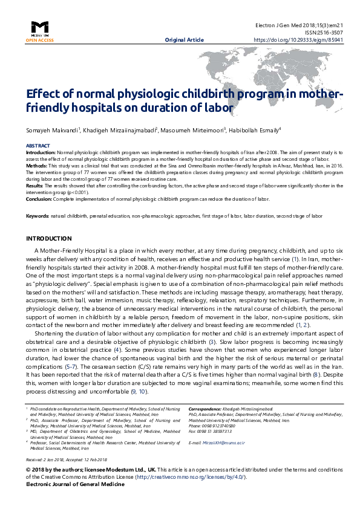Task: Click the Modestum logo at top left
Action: (x=40, y=28)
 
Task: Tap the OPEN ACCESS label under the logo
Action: (x=40, y=40)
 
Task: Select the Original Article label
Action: (x=184, y=40)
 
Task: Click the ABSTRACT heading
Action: (x=38, y=146)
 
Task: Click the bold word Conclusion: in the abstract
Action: (x=39, y=198)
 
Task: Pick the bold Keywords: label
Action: (x=37, y=216)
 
